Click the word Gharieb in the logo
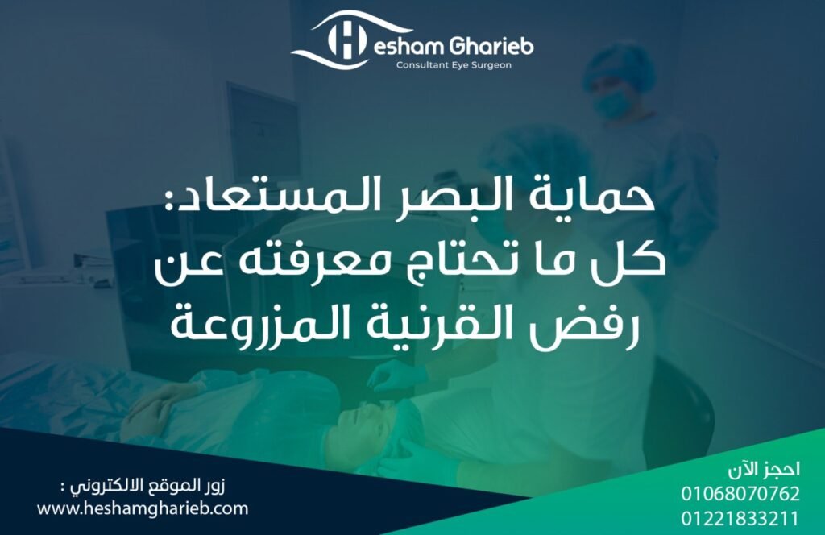pyautogui.click(x=491, y=46)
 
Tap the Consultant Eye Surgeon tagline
pyautogui.click(x=454, y=66)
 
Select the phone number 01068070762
pyautogui.click(x=740, y=493)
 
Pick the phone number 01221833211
pyautogui.click(x=740, y=519)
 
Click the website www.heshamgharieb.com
pyautogui.click(x=143, y=508)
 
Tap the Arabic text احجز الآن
pyautogui.click(x=764, y=469)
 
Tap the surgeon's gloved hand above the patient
pyautogui.click(x=398, y=376)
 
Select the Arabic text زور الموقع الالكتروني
pyautogui.click(x=142, y=486)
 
